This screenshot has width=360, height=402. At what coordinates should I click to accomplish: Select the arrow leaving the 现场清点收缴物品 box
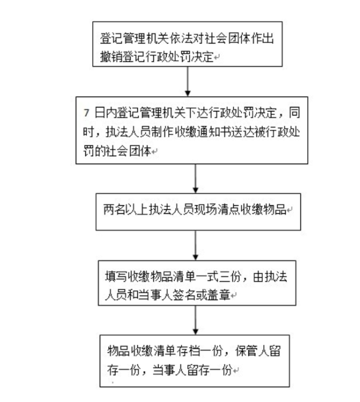[x=195, y=243]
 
